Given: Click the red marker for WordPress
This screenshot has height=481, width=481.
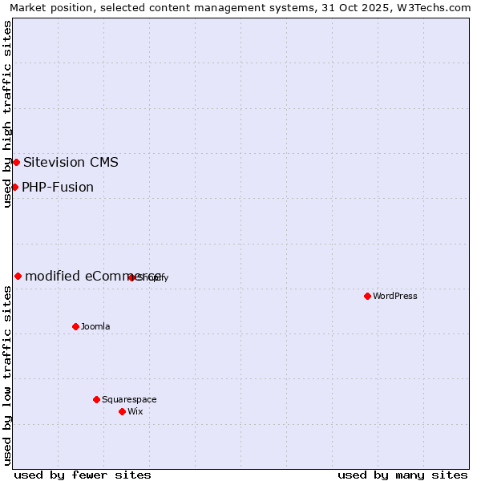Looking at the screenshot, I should click(367, 296).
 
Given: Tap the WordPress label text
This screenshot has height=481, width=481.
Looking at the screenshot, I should click(395, 296).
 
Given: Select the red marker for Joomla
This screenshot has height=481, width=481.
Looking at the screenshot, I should click(76, 326).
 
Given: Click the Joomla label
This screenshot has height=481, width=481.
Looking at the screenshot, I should click(95, 326).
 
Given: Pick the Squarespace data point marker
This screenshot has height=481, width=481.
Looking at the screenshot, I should click(96, 399).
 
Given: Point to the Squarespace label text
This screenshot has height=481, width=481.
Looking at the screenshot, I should click(129, 399).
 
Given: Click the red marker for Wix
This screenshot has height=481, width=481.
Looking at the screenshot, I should click(122, 411).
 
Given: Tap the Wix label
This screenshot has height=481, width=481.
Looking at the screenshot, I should click(135, 411).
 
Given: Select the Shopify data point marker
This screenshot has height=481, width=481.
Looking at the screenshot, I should click(131, 277).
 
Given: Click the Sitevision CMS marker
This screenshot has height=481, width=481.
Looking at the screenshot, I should click(16, 162).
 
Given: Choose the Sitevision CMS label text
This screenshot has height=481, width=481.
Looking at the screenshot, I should click(71, 162).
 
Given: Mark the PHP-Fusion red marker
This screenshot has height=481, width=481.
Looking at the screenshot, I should click(14, 187).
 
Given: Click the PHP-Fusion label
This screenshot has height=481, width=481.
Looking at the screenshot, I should click(58, 187).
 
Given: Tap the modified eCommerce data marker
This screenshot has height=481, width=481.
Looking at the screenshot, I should click(18, 276).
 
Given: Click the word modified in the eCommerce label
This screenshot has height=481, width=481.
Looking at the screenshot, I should click(52, 276).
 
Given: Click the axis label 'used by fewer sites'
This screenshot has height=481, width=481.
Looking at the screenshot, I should click(83, 475).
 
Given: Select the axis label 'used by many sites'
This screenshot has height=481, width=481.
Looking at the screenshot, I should click(402, 475).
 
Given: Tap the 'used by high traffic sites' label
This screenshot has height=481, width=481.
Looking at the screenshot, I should click(7, 114).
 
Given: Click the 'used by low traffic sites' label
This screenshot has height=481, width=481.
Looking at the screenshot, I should click(7, 375).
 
